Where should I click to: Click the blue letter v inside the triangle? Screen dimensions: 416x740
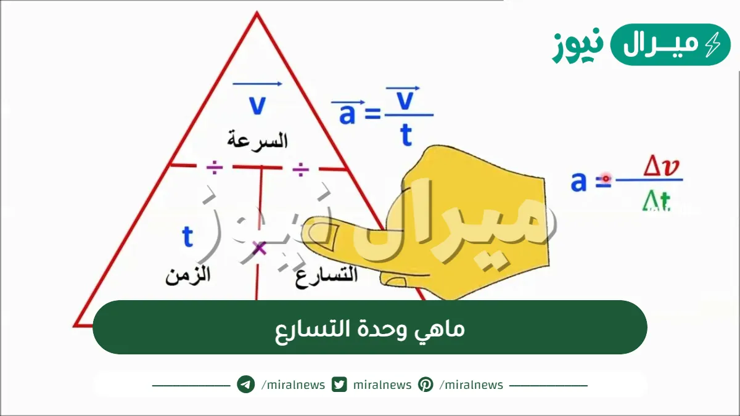click(257, 105)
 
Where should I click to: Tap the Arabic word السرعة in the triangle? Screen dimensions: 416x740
click(257, 140)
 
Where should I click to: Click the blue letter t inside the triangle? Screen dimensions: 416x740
click(188, 237)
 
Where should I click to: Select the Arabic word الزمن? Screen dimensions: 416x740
click(187, 274)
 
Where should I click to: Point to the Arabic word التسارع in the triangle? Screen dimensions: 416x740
click(327, 275)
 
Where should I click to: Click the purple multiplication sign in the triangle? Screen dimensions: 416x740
click(260, 248)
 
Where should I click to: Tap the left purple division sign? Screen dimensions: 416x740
click(214, 167)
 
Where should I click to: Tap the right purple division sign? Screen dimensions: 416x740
click(300, 168)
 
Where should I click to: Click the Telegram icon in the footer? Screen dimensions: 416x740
click(246, 385)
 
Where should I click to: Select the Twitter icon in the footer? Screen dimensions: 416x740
click(339, 385)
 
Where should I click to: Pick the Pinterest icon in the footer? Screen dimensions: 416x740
click(425, 385)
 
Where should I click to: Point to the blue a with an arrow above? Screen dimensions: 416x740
click(347, 113)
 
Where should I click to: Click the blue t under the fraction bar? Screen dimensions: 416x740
click(406, 135)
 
